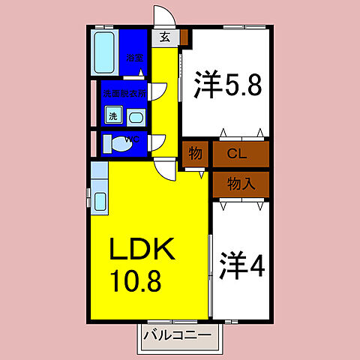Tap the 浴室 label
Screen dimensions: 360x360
pos(134,58)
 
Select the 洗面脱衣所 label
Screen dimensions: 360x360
pos(125,93)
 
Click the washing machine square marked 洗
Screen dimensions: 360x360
pos(112,115)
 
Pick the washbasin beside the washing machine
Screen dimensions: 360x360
pos(136,116)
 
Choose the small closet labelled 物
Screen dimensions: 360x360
pos(195,154)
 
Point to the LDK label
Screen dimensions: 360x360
pos(143,250)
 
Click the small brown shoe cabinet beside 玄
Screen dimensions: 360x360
pos(184,37)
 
